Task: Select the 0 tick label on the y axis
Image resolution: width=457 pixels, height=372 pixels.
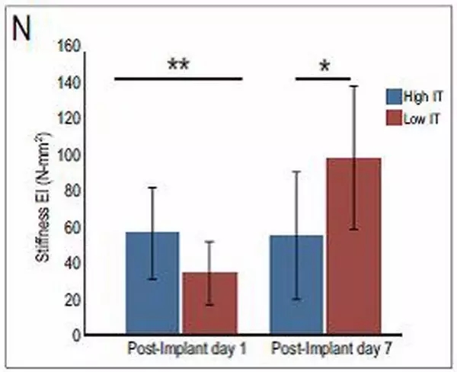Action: point(76,335)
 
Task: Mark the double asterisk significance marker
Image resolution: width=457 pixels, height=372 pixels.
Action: point(178,66)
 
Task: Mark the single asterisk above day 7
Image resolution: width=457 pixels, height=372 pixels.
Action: point(324,67)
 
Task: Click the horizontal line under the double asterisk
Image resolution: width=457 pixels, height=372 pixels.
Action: point(178,78)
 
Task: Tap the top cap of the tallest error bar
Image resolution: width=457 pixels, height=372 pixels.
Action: point(353,86)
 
